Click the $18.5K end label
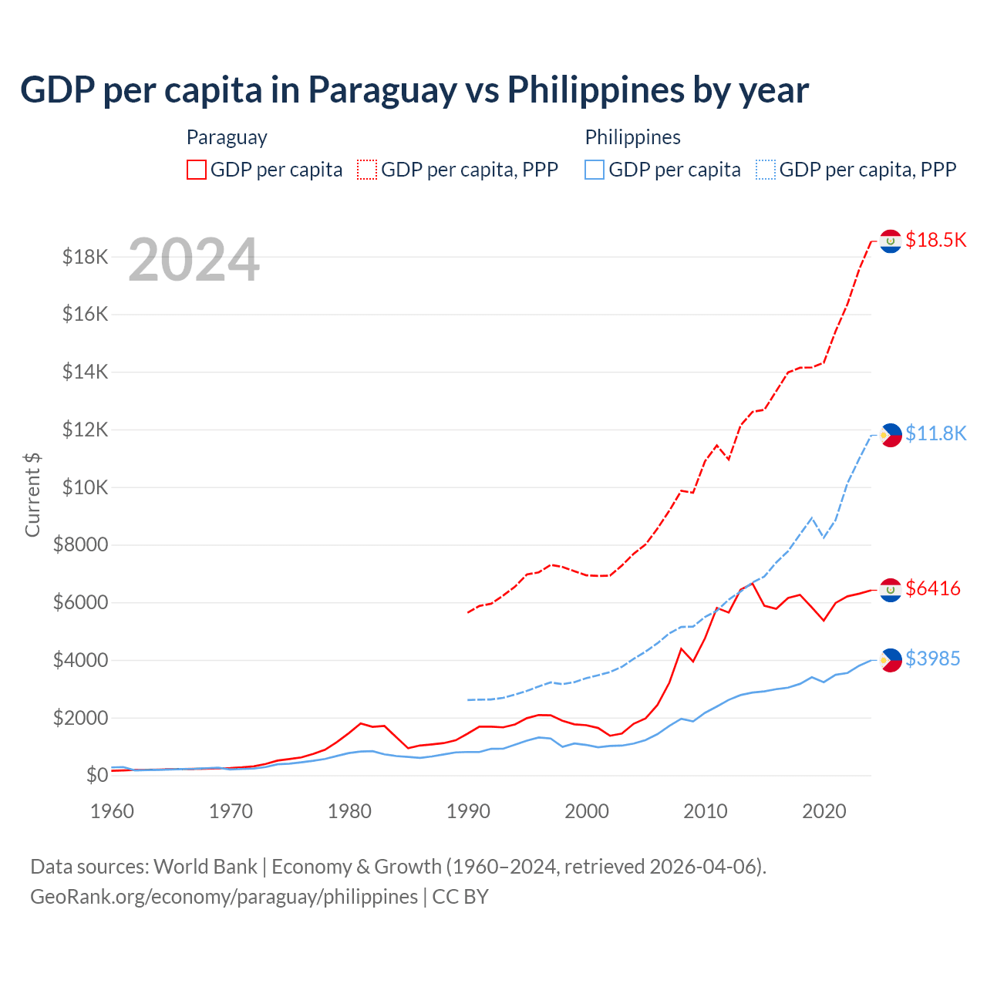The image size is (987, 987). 935,240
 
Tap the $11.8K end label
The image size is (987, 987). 935,433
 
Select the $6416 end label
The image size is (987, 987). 933,588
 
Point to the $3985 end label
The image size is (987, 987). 933,659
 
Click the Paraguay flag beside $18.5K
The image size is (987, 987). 891,241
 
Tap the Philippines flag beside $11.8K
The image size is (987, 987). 891,435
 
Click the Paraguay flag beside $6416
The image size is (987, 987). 891,590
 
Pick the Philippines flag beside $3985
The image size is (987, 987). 891,660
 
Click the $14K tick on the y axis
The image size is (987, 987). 86,372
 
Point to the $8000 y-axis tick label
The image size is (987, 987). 81,545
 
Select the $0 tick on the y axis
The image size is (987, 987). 96,775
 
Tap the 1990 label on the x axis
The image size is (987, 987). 468,811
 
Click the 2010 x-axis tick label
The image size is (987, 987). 706,811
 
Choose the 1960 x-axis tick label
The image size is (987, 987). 113,811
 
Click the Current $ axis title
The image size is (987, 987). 32,494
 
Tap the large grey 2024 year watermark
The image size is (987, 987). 194,260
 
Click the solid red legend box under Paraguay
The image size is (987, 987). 197,170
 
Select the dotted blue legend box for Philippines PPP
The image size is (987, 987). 766,170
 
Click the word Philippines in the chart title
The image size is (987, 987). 596,90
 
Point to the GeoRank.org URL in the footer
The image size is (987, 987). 224,897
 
